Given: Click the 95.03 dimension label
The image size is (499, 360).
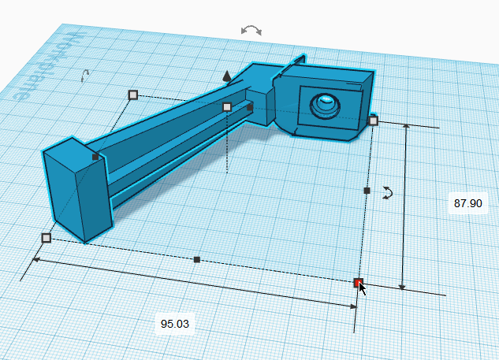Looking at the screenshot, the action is pos(175,324).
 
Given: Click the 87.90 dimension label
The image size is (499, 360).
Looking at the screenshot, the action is pos(467,203).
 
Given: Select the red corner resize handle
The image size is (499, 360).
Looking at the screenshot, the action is pos(359,282).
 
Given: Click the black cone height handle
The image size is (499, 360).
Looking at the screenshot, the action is pos(226,76).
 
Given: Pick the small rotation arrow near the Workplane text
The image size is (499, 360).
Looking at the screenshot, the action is pos(85,76).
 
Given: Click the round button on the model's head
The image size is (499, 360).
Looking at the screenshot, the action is pos(325,105).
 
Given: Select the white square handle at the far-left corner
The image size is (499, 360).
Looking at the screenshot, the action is pos(133,95).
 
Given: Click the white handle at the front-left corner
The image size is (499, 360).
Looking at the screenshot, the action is pos(47,238).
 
